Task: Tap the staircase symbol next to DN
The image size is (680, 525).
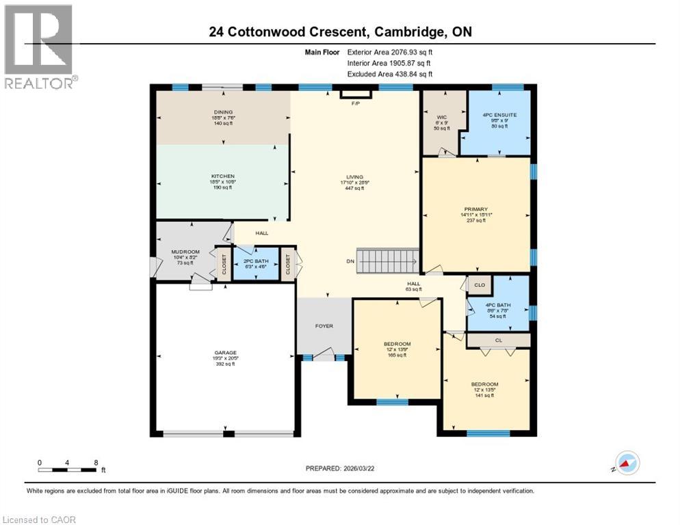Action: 389,260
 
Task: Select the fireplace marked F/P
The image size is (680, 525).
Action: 355,94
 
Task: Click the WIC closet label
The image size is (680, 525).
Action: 441,117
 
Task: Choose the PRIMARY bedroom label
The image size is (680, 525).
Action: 476,208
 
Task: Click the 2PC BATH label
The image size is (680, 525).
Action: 248,260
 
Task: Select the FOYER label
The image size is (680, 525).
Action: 324,326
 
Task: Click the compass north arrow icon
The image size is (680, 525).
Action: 627,463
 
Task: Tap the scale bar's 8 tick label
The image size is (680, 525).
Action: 96,462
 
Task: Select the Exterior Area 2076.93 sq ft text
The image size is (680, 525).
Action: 390,51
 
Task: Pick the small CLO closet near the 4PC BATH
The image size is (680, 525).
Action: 480,285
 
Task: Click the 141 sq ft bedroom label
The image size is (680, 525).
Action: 484,384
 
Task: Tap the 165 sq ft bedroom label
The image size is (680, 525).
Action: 397,344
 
